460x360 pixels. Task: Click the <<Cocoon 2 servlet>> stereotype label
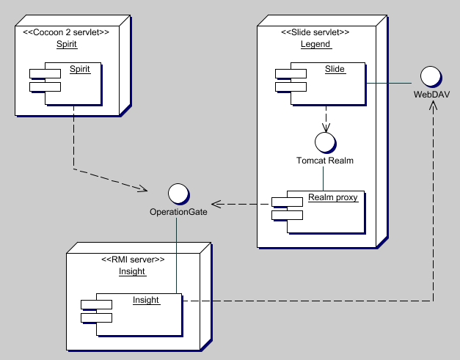coord(66,32)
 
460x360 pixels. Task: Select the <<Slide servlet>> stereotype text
coord(315,32)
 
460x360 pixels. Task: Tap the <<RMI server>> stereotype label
coord(132,260)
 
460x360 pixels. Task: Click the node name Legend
coord(315,44)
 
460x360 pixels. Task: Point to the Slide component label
coord(335,69)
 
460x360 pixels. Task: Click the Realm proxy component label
coord(333,196)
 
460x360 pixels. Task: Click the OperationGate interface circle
coord(177,194)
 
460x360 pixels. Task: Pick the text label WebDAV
coord(432,95)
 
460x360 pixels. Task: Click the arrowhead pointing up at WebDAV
coord(433,106)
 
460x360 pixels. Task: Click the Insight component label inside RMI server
coord(145,299)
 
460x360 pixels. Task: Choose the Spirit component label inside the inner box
coord(80,69)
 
